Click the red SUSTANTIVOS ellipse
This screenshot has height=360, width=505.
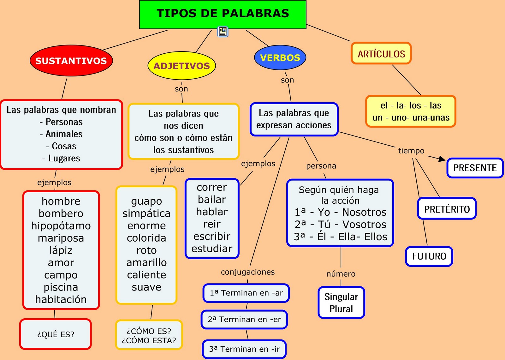(x=71, y=61)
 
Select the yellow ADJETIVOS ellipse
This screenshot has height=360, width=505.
(x=181, y=66)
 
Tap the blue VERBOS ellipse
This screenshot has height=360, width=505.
(x=280, y=57)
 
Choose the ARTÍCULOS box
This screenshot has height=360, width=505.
(x=381, y=54)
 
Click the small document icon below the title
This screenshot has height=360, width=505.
(x=223, y=32)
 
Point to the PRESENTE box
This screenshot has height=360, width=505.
(x=475, y=168)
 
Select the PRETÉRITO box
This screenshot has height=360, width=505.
(x=447, y=209)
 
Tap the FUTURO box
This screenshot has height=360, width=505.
(x=429, y=256)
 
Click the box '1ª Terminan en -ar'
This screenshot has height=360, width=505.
(x=246, y=293)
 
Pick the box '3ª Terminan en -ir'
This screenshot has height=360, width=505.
(x=244, y=349)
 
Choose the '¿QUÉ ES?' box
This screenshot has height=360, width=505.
(x=56, y=334)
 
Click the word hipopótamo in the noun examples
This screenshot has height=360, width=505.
(x=61, y=226)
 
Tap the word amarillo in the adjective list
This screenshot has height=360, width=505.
(x=146, y=262)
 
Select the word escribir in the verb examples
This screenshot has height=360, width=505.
(x=212, y=236)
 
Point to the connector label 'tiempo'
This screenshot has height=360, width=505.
(x=411, y=151)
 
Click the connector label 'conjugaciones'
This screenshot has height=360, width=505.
(x=248, y=272)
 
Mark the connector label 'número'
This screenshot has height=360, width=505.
(x=341, y=274)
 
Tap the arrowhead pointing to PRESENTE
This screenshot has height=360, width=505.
(x=442, y=159)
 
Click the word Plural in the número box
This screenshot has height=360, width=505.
(x=341, y=309)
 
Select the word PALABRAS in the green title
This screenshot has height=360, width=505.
(x=256, y=13)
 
